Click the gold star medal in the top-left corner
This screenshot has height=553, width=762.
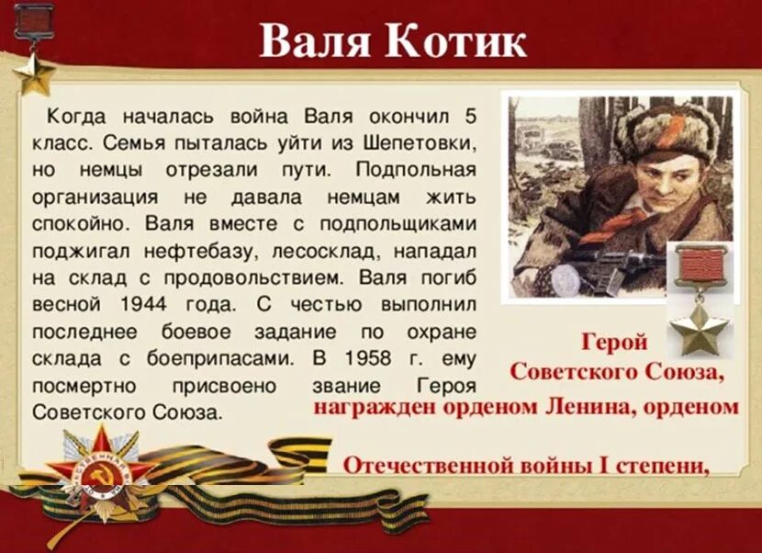[35, 73]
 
